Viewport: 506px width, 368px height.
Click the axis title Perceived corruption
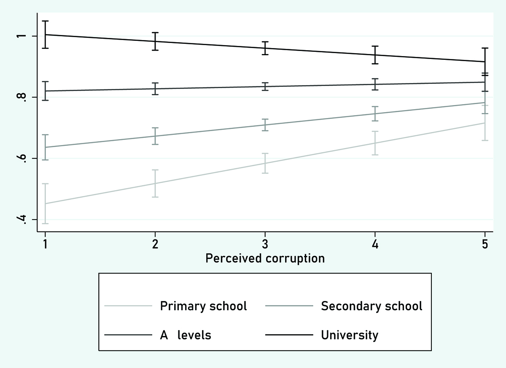click(x=265, y=258)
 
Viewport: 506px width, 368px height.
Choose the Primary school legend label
click(x=203, y=306)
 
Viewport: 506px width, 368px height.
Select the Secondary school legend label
click(x=371, y=306)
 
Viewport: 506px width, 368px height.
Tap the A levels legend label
click(x=186, y=335)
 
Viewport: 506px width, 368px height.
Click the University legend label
click(x=350, y=335)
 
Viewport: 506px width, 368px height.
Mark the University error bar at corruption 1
click(x=45, y=35)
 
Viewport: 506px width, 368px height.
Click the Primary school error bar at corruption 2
click(x=155, y=183)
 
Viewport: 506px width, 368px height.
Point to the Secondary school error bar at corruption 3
click(x=265, y=125)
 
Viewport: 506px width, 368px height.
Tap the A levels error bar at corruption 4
click(x=375, y=84)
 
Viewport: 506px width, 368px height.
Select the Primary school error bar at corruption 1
click(x=45, y=204)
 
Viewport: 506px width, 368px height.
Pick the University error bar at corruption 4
click(x=375, y=55)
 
